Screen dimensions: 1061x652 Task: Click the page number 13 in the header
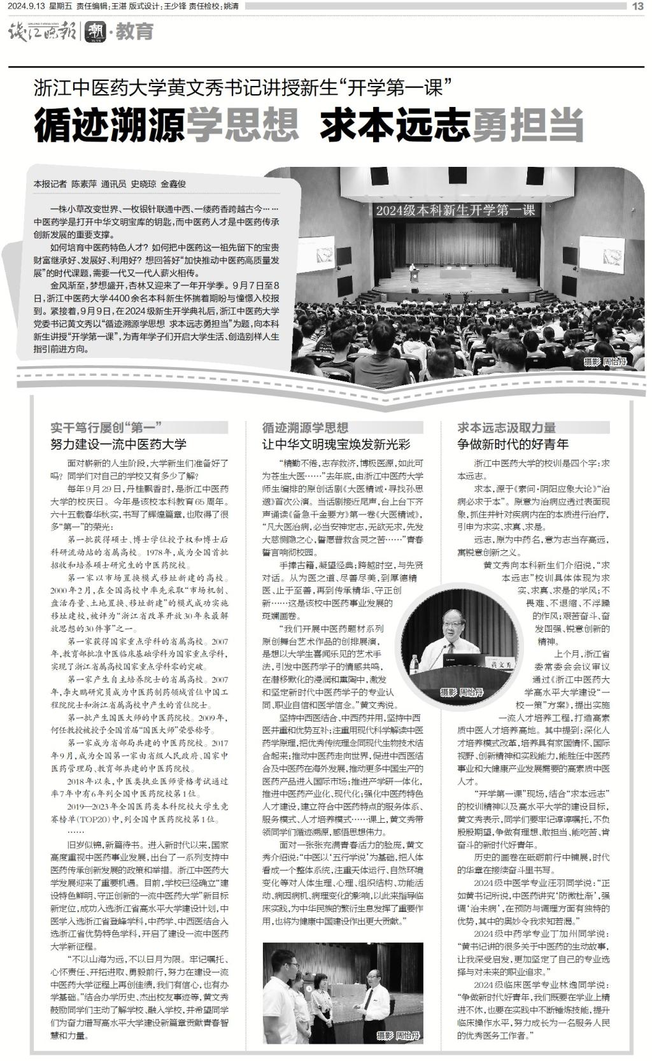pos(638,6)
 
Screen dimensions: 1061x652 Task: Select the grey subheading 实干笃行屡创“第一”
pos(104,427)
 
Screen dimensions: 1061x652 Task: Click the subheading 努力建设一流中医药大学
pos(118,444)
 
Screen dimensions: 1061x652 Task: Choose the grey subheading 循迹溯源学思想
pos(305,427)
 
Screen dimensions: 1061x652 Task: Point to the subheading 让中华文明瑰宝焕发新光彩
pos(336,444)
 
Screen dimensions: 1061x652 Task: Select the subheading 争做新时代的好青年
pos(513,444)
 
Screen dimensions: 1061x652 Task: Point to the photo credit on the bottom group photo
pos(399,1036)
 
